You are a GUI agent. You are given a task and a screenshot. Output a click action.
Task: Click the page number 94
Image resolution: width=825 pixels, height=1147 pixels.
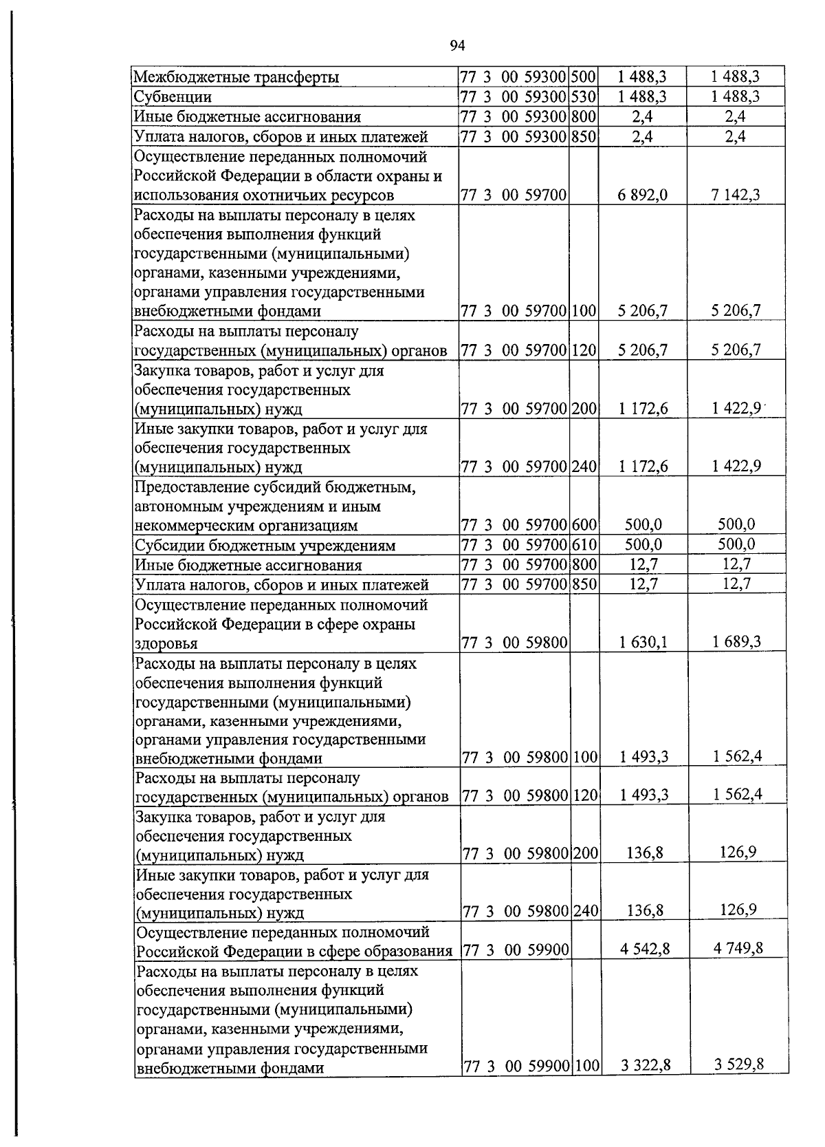(x=458, y=46)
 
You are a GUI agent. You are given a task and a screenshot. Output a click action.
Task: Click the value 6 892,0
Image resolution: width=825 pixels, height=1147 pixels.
(x=642, y=195)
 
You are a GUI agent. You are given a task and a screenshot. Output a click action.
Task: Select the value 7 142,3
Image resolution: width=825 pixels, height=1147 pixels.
(x=736, y=195)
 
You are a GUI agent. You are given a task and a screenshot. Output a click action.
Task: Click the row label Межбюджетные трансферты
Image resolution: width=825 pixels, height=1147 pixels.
(x=236, y=77)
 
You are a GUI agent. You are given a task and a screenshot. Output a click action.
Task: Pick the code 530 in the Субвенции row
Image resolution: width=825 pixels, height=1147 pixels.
(x=584, y=96)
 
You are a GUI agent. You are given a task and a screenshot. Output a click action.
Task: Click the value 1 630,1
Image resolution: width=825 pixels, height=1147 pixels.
(x=643, y=643)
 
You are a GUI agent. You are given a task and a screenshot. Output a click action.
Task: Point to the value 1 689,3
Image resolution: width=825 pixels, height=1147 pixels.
(x=737, y=641)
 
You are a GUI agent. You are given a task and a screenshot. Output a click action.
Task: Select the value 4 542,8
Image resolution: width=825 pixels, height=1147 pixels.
(x=644, y=950)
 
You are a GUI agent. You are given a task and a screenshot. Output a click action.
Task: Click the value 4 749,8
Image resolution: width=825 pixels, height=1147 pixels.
(x=738, y=948)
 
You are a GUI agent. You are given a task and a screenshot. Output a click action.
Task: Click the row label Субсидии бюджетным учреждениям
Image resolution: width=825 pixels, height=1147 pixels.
(x=265, y=546)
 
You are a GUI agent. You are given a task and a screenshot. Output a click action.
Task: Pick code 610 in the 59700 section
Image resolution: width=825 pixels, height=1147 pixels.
(x=584, y=545)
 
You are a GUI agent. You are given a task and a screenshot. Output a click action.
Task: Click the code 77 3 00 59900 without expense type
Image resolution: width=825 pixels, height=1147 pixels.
(x=516, y=950)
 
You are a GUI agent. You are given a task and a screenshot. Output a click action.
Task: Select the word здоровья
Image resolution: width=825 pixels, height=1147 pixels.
(x=166, y=644)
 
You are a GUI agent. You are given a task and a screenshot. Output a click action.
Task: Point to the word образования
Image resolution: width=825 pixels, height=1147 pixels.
(x=411, y=952)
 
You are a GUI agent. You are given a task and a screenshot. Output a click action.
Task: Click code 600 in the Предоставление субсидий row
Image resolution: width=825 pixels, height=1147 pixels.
(x=584, y=526)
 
